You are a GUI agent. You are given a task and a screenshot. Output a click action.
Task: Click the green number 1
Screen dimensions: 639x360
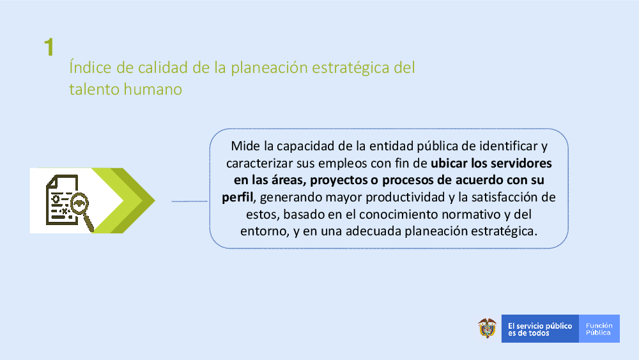point(49,47)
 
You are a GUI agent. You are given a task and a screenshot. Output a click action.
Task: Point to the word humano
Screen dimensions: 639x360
point(153,90)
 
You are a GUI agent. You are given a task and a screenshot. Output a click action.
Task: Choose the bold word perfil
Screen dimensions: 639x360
point(237,198)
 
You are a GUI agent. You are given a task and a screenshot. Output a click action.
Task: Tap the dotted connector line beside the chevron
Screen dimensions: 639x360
point(190,201)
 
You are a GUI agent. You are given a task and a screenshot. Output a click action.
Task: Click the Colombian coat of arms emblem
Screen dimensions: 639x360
point(487,328)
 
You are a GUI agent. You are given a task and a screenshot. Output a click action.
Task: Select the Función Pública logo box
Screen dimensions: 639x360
point(599,329)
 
